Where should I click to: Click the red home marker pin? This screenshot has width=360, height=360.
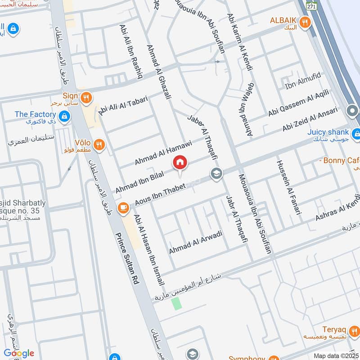[180, 162]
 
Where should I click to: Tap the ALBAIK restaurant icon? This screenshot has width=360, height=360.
[306, 21]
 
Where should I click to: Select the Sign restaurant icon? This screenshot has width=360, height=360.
[87, 97]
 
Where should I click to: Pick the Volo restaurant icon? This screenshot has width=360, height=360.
[99, 144]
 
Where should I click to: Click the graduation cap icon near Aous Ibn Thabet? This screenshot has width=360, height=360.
[217, 173]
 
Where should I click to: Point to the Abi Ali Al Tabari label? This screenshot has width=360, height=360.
[123, 105]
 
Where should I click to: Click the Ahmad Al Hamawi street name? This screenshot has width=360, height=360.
[163, 153]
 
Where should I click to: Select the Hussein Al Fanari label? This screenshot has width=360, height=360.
[288, 187]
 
